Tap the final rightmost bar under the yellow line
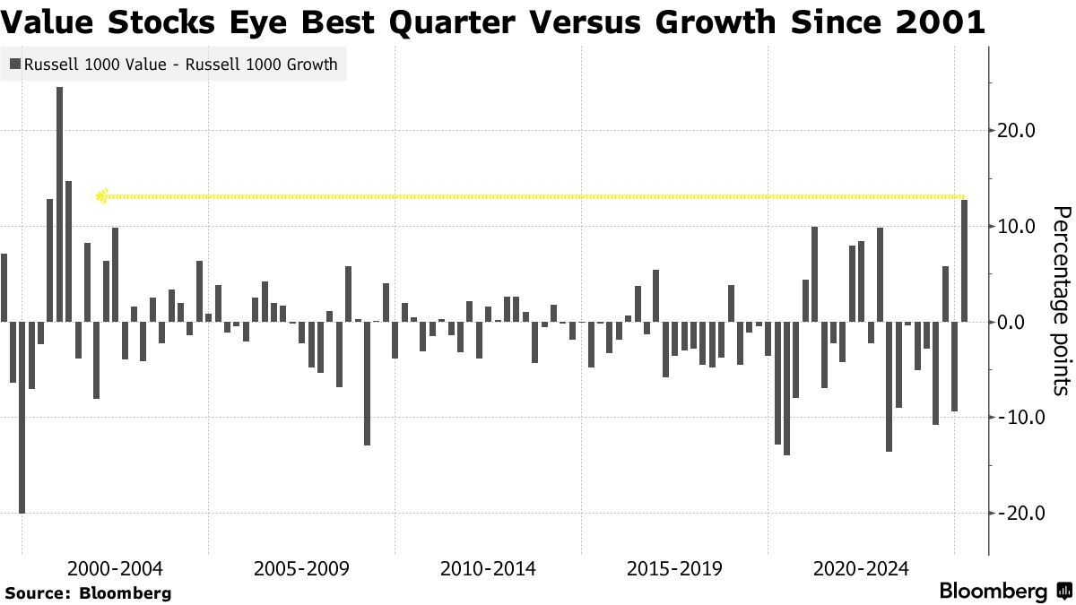pos(964,260)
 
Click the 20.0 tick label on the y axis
pos(1018,131)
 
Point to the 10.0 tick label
pos(1018,226)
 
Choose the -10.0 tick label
pos(1015,418)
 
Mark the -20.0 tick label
pos(1015,514)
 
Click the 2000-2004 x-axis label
pos(115,569)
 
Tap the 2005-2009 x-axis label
pos(301,569)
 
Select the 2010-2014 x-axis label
pos(488,569)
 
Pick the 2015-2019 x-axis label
pos(674,569)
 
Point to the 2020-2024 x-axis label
pos(861,569)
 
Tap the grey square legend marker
pos(15,65)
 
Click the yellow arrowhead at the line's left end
pos(102,195)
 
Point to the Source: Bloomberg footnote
pos(88,592)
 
